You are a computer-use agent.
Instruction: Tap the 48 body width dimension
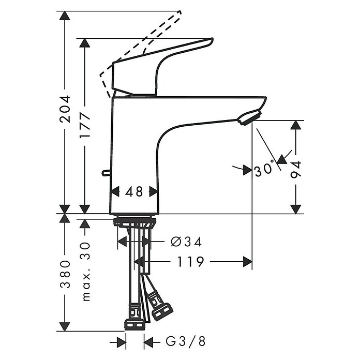click(134, 191)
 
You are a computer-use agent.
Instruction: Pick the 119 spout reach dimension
click(191, 262)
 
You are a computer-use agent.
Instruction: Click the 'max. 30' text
click(85, 271)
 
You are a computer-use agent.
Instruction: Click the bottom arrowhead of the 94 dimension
click(296, 208)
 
